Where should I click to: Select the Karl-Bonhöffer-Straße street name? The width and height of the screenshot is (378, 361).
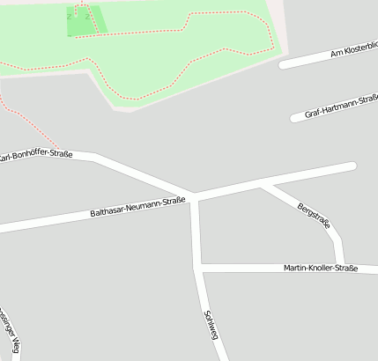(35, 157)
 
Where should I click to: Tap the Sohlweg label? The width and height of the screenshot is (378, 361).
(211, 326)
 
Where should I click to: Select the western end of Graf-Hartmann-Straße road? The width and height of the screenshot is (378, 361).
(294, 117)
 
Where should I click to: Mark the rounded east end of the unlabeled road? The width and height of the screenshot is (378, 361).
(352, 166)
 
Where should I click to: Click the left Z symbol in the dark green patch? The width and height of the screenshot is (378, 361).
(69, 16)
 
